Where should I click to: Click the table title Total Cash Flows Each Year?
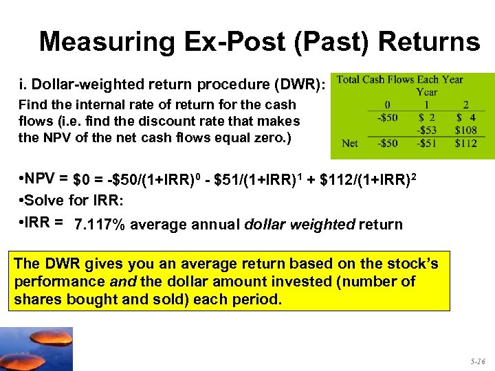tap(400, 80)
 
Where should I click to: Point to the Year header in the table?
tap(427, 91)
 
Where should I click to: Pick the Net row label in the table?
tap(350, 143)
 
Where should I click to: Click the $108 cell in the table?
tap(465, 130)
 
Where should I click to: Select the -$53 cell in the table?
tap(426, 130)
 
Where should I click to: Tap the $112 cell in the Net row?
tap(465, 143)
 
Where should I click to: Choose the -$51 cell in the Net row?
tap(426, 143)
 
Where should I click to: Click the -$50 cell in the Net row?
tap(386, 143)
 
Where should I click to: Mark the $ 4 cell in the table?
tap(465, 117)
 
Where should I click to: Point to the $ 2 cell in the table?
tap(426, 117)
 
